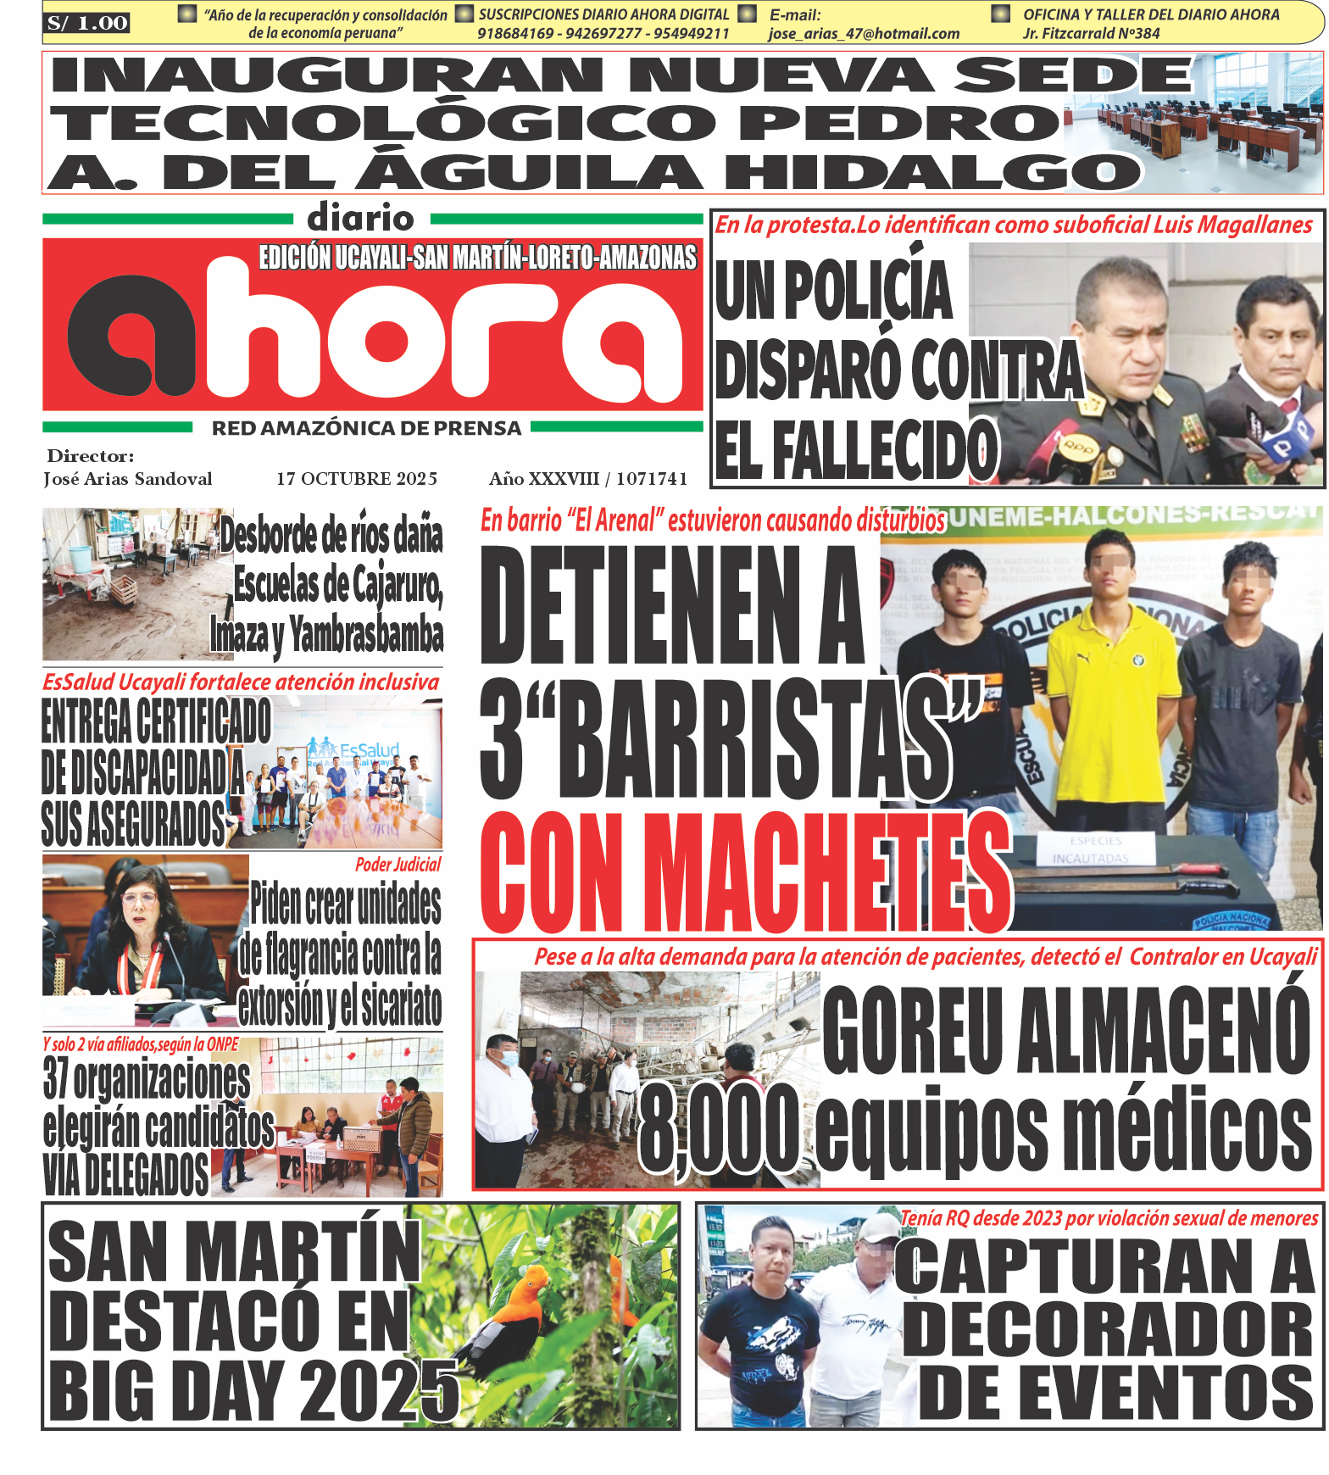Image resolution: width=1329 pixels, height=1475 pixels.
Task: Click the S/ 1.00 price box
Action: [87, 23]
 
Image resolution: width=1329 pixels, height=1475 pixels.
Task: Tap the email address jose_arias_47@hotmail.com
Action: [864, 34]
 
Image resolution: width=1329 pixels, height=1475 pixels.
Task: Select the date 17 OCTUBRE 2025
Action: [357, 479]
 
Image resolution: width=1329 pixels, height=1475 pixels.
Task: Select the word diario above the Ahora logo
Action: [361, 219]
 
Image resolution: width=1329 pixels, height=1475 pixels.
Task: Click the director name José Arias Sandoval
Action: [128, 479]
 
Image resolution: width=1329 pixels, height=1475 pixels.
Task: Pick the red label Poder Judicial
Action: [398, 865]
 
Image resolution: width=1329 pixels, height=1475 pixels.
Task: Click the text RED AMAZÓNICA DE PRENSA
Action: [366, 429]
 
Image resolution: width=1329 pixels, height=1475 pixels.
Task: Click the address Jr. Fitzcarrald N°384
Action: [1091, 34]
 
